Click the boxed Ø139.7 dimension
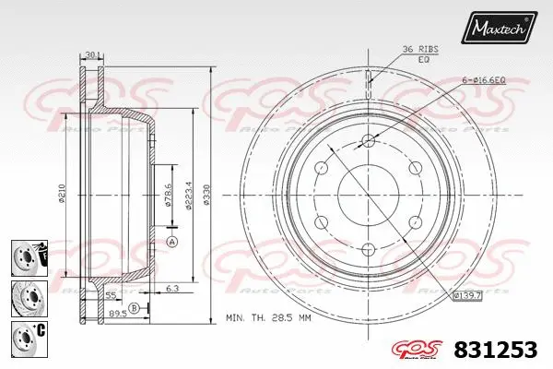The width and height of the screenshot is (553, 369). (x=468, y=294)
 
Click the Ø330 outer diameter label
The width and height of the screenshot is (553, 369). (x=210, y=195)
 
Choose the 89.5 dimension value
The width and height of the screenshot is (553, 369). (x=118, y=314)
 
